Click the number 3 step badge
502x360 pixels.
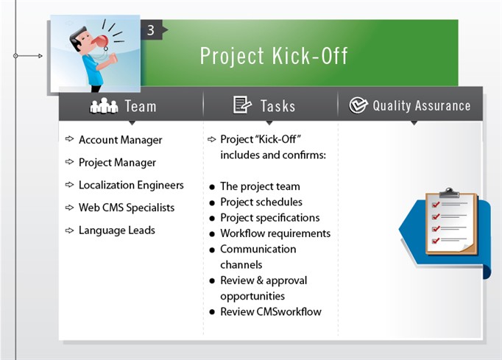click(151, 30)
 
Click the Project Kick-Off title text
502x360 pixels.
click(274, 56)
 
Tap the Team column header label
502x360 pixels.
click(140, 106)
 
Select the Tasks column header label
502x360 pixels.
click(277, 106)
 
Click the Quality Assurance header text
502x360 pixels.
click(421, 105)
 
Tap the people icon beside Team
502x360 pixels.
click(104, 106)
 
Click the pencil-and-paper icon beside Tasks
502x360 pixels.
click(242, 105)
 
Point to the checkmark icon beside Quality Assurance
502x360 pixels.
click(358, 105)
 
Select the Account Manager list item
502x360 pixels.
click(120, 140)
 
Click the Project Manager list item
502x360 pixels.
click(117, 163)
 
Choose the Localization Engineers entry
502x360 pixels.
click(131, 186)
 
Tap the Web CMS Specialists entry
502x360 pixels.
click(127, 208)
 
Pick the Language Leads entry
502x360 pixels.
click(116, 230)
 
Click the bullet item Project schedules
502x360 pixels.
click(261, 202)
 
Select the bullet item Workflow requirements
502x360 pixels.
click(275, 233)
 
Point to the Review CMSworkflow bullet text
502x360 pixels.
click(270, 311)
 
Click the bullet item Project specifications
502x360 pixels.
click(269, 218)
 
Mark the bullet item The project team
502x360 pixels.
click(260, 186)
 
